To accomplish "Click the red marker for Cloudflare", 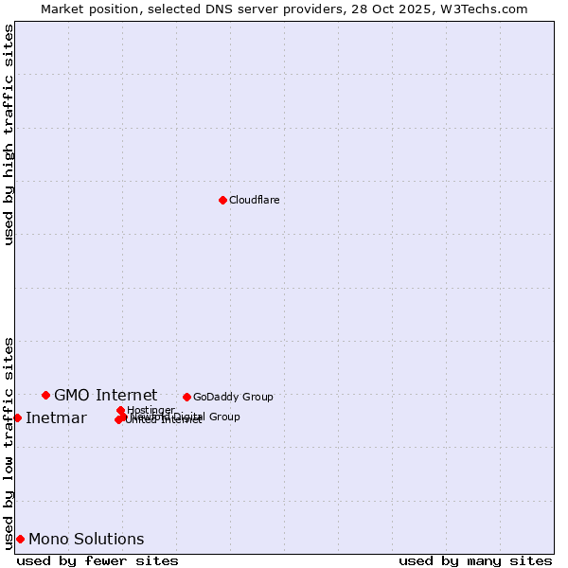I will click(222, 200).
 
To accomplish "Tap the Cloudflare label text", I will click(255, 200).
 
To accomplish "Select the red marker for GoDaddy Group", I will click(186, 397).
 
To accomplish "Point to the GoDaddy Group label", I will click(233, 397).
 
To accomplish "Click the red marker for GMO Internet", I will click(45, 395).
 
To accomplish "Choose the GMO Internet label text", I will click(105, 395).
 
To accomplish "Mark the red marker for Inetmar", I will click(17, 417).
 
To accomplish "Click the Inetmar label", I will click(56, 418).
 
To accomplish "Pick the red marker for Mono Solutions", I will click(20, 539).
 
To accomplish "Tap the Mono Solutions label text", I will click(86, 540).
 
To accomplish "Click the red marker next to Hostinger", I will click(120, 410).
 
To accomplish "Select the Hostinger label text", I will click(151, 410).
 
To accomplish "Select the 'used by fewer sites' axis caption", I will click(98, 560).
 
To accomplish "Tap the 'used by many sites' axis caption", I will click(475, 560).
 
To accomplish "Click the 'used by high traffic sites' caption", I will click(9, 134).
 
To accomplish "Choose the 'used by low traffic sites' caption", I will click(9, 442).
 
